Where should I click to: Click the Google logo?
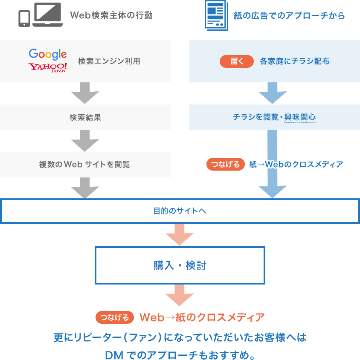48,54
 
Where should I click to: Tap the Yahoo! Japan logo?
48,68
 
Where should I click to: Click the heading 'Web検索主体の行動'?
111,16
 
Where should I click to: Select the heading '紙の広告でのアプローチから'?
289,16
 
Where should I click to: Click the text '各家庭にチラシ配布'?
294,61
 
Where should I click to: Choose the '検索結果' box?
85,117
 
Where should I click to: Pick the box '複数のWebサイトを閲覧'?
85,164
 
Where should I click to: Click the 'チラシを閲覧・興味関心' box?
274,117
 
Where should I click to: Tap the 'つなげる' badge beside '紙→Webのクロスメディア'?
225,164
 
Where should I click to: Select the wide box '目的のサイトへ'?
180,211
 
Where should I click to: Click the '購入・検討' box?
180,265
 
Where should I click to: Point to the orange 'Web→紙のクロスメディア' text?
202,317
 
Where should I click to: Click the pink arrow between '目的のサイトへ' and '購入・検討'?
180,235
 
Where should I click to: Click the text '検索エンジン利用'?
109,61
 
